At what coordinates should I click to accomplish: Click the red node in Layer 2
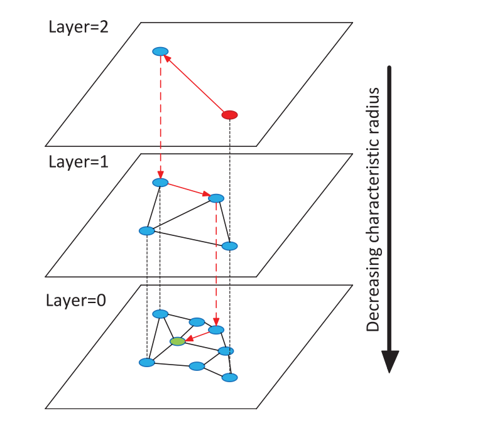click(x=230, y=115)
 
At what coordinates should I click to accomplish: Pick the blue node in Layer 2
click(x=161, y=51)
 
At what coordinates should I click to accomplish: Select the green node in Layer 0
click(x=178, y=341)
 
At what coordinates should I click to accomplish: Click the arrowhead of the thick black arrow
click(x=390, y=361)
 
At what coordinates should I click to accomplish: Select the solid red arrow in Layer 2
click(x=195, y=83)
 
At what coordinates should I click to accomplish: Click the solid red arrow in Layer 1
click(x=188, y=190)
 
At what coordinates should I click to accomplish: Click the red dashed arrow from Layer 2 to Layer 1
click(x=161, y=116)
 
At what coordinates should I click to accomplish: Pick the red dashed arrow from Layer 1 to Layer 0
click(x=217, y=264)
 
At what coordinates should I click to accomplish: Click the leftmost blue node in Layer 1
click(x=146, y=231)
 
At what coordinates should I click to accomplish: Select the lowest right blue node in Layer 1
click(x=230, y=245)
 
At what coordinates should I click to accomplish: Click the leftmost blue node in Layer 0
click(x=146, y=363)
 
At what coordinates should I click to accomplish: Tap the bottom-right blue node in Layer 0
click(x=230, y=378)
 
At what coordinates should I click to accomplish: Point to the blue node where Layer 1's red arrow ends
click(x=216, y=198)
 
